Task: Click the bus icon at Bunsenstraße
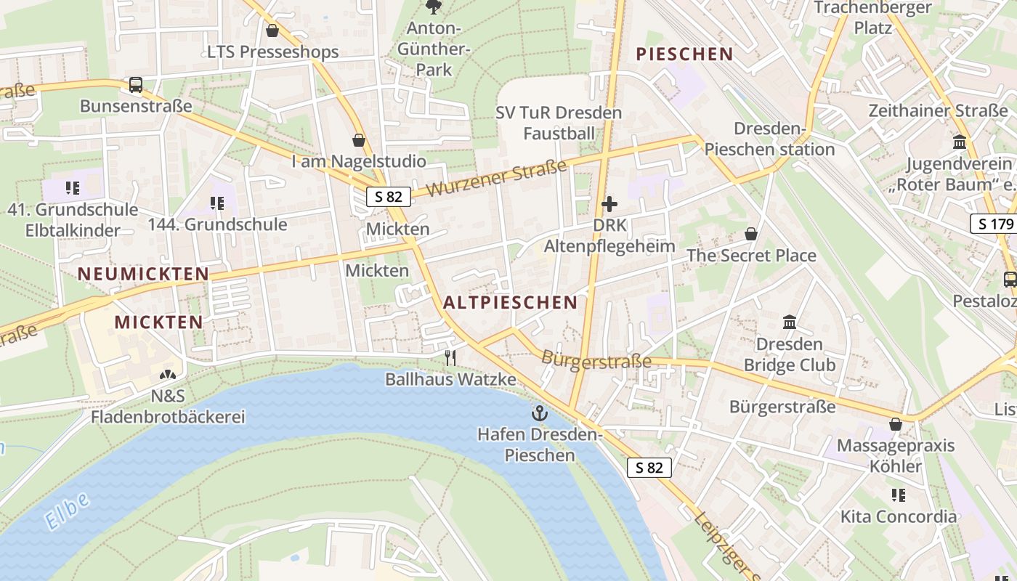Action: pos(136,85)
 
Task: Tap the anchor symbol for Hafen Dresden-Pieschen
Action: pos(539,414)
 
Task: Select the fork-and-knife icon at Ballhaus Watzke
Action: pos(450,357)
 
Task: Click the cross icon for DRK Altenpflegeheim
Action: pos(609,205)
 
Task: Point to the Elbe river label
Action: pos(67,511)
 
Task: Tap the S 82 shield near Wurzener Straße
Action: pos(388,197)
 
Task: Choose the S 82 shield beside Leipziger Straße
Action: pos(649,468)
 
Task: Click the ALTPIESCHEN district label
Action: pos(510,302)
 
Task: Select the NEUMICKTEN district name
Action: pos(143,274)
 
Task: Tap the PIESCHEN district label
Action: pos(684,54)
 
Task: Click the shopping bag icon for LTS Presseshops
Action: pos(272,31)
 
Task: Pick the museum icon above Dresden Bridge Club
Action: pos(789,322)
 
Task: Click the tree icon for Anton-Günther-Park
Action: pos(434,7)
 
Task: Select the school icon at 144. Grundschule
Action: pos(216,203)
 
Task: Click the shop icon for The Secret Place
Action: pos(751,234)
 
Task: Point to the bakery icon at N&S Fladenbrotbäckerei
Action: pos(168,375)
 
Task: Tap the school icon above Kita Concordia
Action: pos(898,495)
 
